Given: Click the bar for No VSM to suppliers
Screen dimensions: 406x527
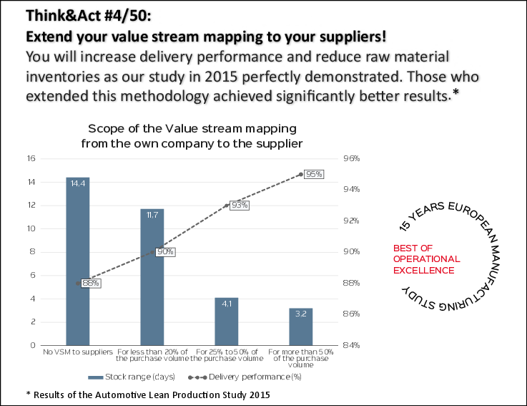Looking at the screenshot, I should coord(78,261).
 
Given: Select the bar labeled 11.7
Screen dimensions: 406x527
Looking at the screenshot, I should coord(152,276).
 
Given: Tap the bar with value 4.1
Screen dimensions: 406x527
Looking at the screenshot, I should coord(226,321).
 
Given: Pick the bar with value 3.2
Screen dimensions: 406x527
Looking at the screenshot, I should coord(301,327).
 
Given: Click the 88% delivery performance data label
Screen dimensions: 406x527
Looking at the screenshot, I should coord(91,283).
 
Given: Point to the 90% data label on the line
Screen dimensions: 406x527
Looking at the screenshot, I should coord(165,252).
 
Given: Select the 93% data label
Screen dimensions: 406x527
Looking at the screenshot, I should coord(240,205).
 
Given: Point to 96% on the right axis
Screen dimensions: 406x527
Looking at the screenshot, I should coord(352,158).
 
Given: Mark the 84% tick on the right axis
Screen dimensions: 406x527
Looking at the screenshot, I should coord(352,345).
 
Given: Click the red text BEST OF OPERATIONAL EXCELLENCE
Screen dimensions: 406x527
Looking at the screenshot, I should coord(427,259).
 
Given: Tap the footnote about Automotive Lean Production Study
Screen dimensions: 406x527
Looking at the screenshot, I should coord(147,395).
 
